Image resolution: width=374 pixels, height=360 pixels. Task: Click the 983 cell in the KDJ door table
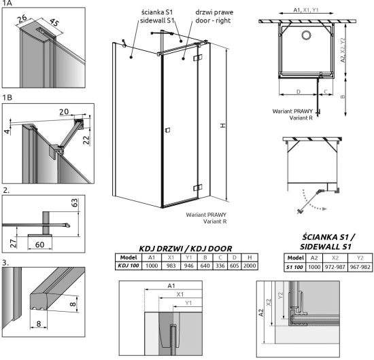coord(171,266)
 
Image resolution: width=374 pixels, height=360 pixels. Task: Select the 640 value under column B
coord(205,266)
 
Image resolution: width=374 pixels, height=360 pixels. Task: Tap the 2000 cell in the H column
coord(250,266)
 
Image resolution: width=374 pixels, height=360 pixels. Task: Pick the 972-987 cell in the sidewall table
coord(335,267)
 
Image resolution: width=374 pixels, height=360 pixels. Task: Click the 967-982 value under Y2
coord(360,267)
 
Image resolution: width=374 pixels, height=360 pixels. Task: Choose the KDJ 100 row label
coord(129,266)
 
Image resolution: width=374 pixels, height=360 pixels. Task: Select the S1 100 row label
coord(294,267)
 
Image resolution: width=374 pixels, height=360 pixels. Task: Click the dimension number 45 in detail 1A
coord(54,22)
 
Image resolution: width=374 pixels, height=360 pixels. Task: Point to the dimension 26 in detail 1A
coord(22,18)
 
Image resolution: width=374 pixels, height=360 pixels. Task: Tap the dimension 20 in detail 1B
coord(64,111)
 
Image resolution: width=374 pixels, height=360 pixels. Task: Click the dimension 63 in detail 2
coord(75,202)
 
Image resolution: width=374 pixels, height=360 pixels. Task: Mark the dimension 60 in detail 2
coord(39,245)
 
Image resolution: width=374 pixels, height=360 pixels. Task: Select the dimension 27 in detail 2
coord(14,243)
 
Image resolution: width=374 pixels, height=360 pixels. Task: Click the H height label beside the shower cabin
coord(223,126)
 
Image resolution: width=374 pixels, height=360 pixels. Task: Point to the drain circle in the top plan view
coord(306,35)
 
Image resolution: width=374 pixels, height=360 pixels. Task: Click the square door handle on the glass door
coord(168,130)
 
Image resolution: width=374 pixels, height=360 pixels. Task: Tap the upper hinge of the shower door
coord(198,58)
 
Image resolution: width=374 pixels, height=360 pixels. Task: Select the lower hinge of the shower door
coord(198,187)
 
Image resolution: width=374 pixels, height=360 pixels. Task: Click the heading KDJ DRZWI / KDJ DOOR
coord(186,249)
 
